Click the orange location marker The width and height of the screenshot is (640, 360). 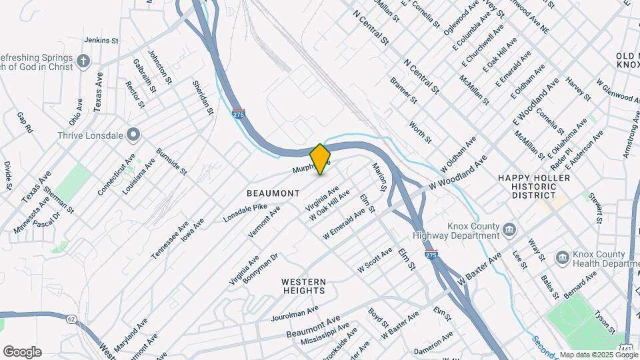coord(320,159)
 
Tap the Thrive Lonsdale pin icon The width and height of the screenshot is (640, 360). coord(133,135)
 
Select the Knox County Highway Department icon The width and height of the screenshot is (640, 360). coord(509,230)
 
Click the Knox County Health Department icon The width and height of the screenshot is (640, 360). coord(562,257)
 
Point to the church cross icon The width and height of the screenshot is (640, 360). coord(83,62)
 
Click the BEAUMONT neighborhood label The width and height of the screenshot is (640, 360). coord(273,193)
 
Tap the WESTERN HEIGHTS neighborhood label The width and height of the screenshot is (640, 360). coord(303,286)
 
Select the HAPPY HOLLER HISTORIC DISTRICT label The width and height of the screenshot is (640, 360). coord(534,187)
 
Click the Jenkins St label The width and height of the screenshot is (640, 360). coord(101,41)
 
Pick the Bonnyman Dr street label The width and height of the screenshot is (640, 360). coord(260,269)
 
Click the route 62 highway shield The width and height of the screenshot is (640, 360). coord(71,319)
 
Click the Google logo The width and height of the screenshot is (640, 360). coord(22,352)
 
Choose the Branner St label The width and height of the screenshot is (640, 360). coord(403,91)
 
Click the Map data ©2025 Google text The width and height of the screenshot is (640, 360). coord(599,355)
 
